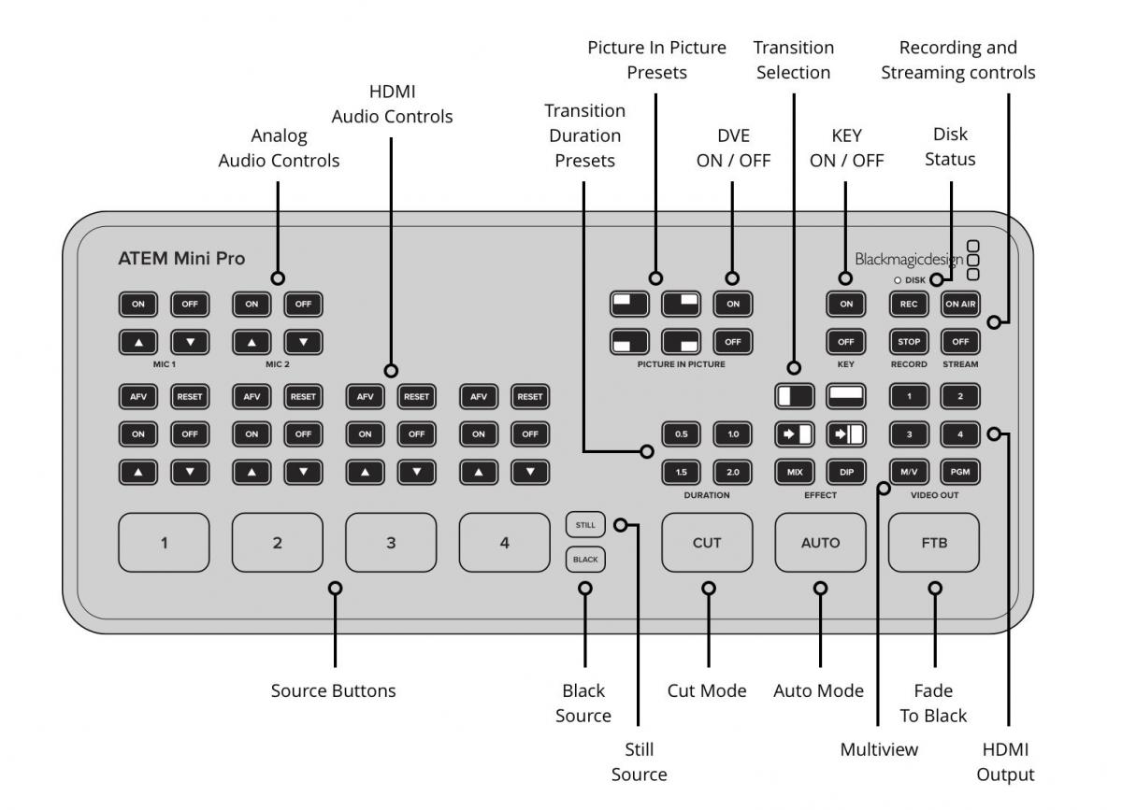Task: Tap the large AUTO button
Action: point(820,543)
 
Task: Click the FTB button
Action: point(934,543)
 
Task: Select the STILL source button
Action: point(585,525)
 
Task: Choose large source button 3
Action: point(391,543)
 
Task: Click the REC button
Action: point(909,304)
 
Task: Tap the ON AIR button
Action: point(960,304)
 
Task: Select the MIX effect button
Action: point(795,472)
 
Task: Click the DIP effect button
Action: point(846,472)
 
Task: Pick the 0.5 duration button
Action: point(682,434)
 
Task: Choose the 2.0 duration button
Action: point(733,472)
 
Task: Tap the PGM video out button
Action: point(960,472)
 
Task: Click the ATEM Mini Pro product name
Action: point(181,258)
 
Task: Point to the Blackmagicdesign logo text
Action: point(909,260)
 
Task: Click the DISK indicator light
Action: point(897,280)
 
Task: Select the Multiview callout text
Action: point(879,749)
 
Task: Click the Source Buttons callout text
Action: point(334,690)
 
